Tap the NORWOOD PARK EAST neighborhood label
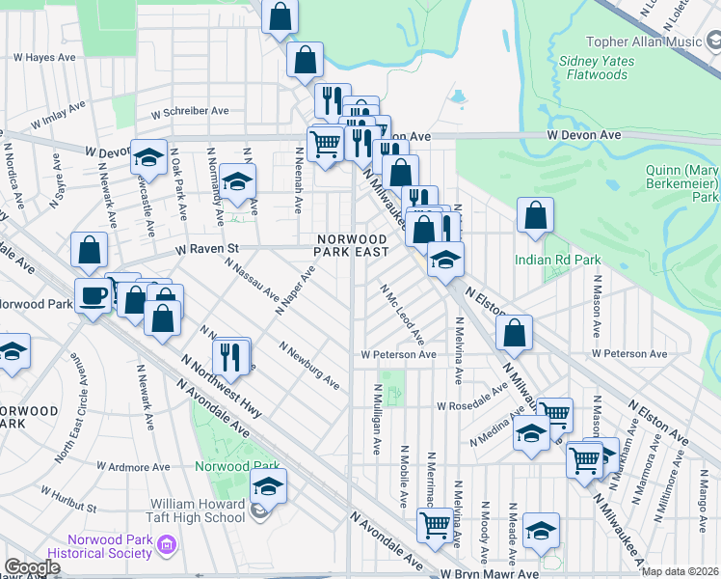[x=352, y=245]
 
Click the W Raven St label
[x=205, y=248]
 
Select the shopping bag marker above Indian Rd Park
[x=535, y=216]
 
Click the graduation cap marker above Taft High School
[x=269, y=484]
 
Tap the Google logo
[x=32, y=567]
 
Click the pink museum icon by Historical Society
[x=166, y=547]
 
